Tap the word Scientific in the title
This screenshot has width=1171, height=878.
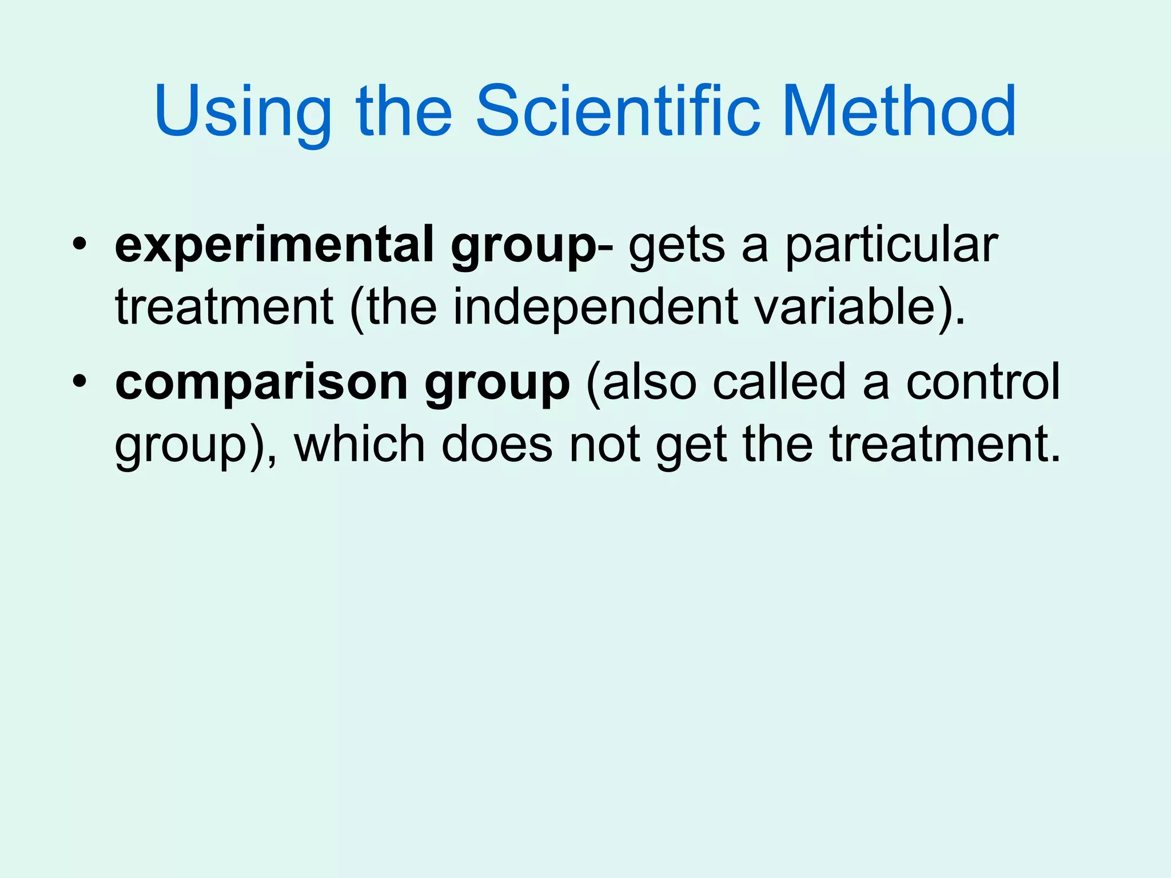(x=618, y=111)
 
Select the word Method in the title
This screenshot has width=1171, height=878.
(x=898, y=111)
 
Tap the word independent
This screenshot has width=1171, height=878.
(x=595, y=307)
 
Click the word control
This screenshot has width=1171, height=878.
(x=983, y=382)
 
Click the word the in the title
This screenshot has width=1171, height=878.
(x=404, y=111)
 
